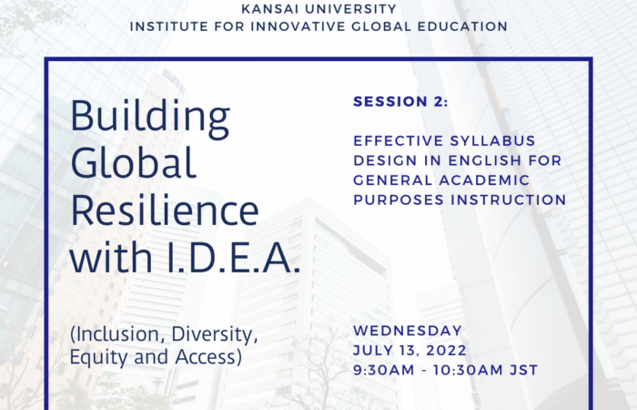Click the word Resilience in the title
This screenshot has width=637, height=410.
click(165, 210)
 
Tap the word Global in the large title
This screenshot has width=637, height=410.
click(134, 162)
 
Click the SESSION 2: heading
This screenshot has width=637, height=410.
click(400, 102)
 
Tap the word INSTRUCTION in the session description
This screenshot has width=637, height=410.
click(509, 200)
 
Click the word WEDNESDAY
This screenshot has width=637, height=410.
click(408, 331)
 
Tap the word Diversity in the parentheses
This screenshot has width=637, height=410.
click(215, 334)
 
